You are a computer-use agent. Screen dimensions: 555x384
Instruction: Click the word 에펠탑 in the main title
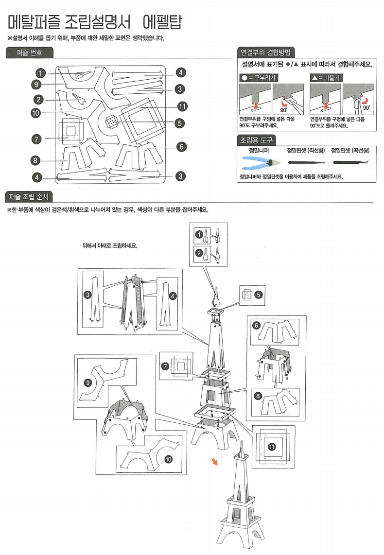click(162, 21)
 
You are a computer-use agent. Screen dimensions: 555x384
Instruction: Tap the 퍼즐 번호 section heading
click(29, 52)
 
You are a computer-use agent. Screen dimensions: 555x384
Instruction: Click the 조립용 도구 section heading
click(255, 140)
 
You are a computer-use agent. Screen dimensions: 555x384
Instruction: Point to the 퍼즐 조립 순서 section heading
click(29, 197)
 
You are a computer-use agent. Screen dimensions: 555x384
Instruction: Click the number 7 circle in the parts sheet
click(35, 139)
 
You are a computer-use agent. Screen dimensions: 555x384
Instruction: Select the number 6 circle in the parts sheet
click(180, 146)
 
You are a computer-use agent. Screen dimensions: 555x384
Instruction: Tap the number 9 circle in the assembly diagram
click(88, 382)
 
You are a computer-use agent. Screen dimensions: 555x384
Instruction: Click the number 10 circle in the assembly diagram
click(168, 458)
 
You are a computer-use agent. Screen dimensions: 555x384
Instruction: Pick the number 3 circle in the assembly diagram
click(88, 295)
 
